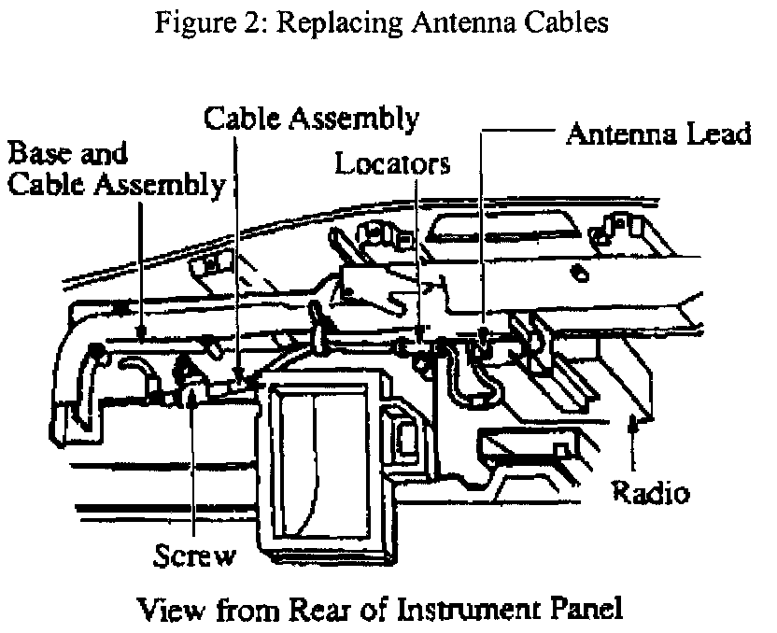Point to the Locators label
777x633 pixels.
click(393, 165)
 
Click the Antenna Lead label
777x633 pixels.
click(659, 134)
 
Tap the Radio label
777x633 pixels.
click(650, 493)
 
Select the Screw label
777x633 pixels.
click(194, 556)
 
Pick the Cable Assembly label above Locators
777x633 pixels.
click(311, 119)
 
